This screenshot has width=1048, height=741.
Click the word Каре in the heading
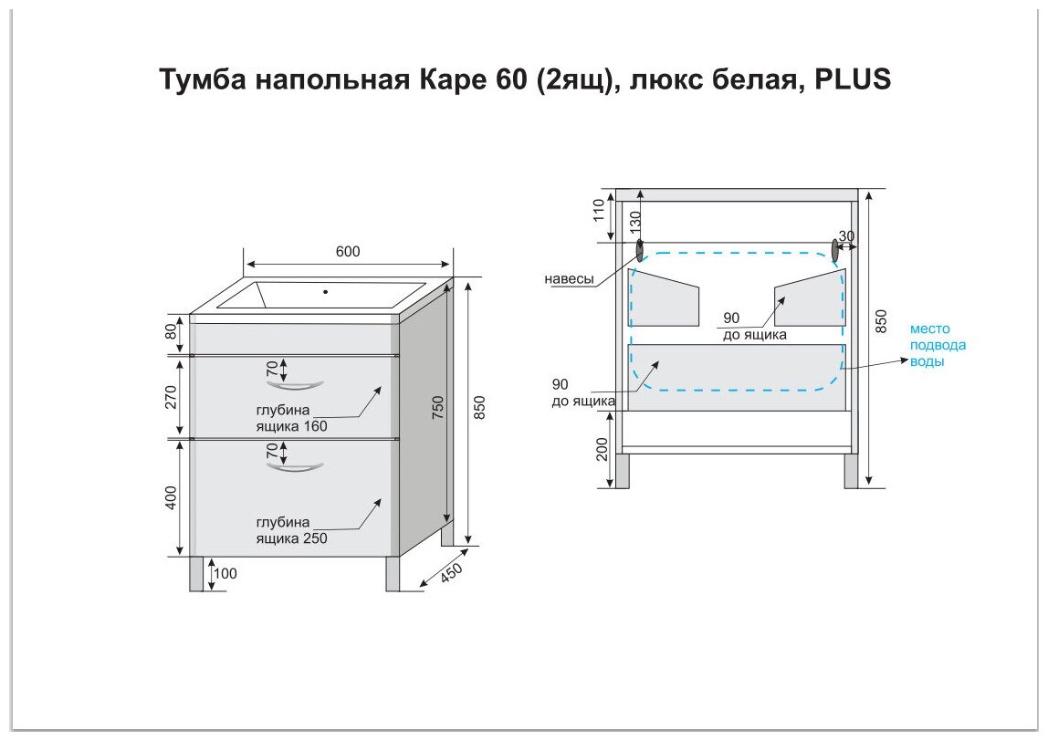pyautogui.click(x=443, y=79)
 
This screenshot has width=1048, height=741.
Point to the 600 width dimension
pyautogui.click(x=347, y=252)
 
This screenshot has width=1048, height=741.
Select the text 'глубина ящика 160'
pyautogui.click(x=291, y=417)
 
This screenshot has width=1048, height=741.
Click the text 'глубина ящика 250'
pyautogui.click(x=291, y=530)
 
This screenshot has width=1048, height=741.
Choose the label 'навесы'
pyautogui.click(x=570, y=279)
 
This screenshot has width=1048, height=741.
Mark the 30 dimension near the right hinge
pyautogui.click(x=846, y=235)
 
